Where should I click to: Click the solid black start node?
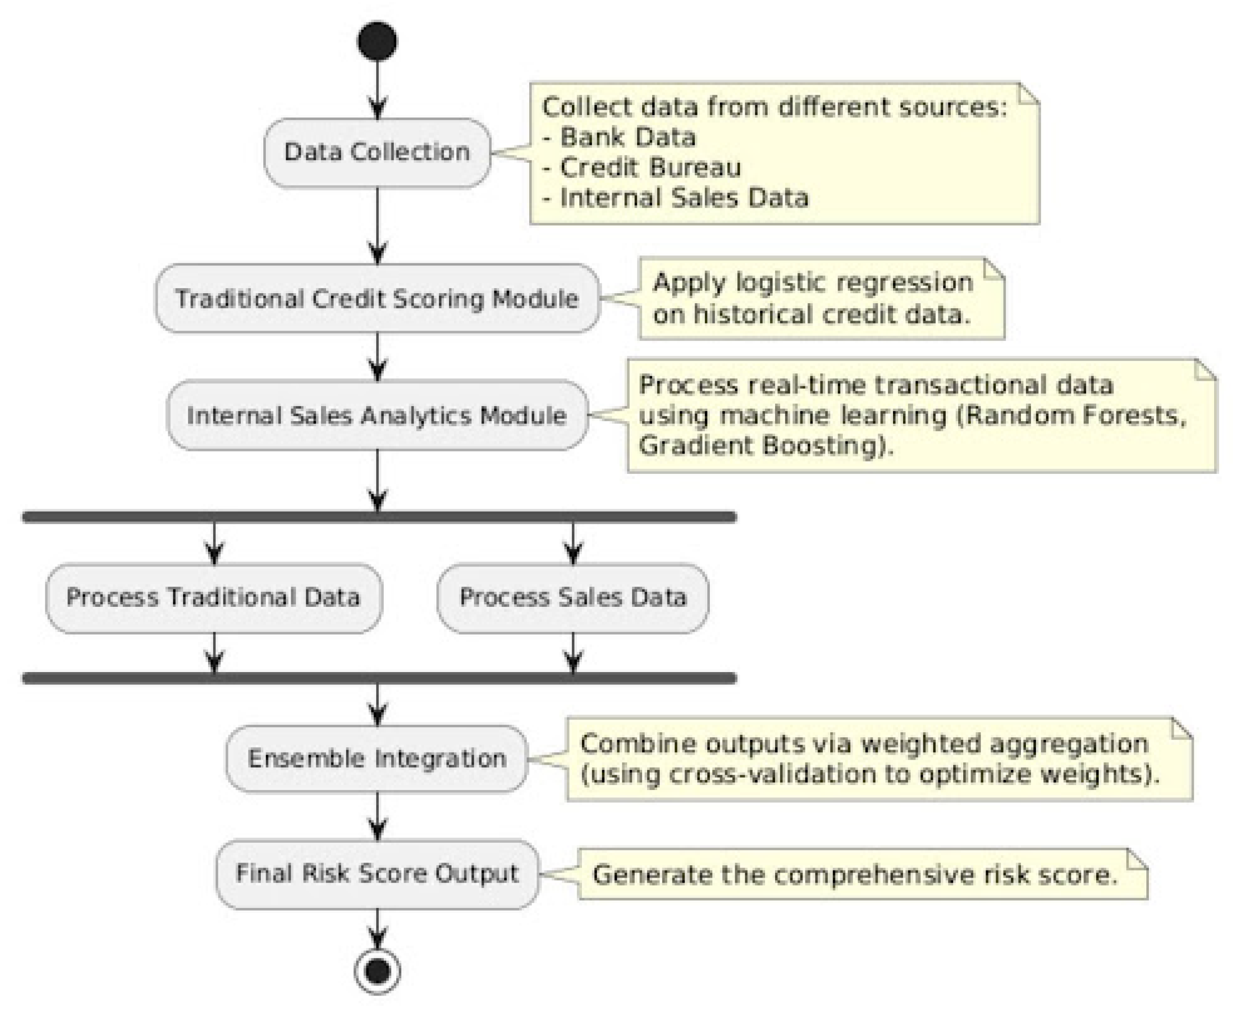click(377, 41)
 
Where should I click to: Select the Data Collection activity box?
click(377, 152)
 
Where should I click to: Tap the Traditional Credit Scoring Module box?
click(377, 299)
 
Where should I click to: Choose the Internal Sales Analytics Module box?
click(377, 416)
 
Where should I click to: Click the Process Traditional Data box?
click(214, 597)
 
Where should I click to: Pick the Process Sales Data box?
click(572, 597)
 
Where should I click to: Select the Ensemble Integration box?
click(377, 759)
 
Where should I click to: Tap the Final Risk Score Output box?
click(377, 874)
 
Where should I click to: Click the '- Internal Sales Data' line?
click(675, 198)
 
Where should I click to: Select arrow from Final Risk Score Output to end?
click(377, 929)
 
